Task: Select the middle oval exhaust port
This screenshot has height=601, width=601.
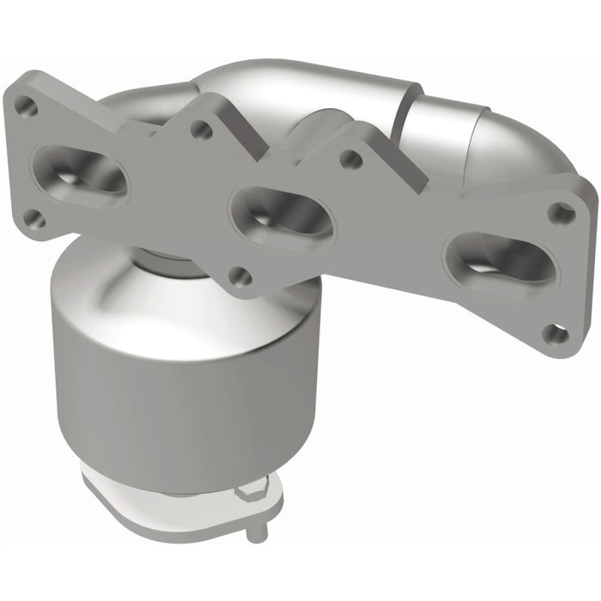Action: [282, 217]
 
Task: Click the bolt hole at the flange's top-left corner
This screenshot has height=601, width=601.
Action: [27, 106]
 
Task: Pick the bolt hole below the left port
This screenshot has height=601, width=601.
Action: [34, 220]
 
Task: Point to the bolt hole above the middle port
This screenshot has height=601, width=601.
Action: [202, 130]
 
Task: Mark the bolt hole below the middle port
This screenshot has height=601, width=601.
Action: [241, 276]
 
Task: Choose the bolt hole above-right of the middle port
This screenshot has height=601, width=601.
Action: [350, 159]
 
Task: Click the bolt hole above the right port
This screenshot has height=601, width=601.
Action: [562, 212]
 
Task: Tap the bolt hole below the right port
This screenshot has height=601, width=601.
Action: [556, 333]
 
